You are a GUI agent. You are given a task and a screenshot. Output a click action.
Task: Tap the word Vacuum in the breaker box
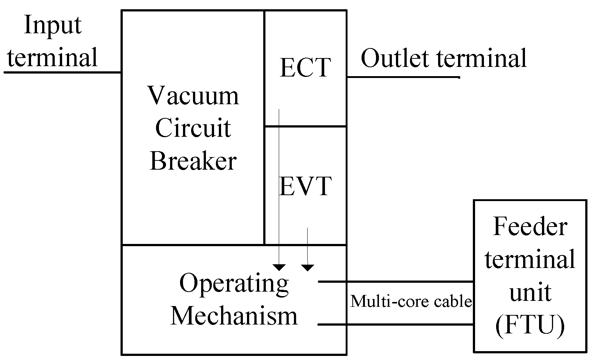[x=193, y=95]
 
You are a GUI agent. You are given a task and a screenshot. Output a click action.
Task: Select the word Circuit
[x=193, y=128]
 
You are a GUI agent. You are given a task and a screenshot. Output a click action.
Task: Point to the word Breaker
[x=193, y=161]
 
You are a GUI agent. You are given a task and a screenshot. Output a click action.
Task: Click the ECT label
[x=305, y=68]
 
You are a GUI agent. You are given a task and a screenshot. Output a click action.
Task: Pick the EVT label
[x=305, y=186]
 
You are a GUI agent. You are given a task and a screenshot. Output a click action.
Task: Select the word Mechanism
[x=234, y=316]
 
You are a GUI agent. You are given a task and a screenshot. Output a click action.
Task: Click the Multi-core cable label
[x=411, y=302]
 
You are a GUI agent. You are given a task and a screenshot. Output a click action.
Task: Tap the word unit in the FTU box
[x=530, y=293]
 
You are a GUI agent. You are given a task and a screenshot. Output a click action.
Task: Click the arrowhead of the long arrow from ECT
[x=279, y=267]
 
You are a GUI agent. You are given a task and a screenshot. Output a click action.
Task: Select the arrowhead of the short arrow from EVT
[x=308, y=267]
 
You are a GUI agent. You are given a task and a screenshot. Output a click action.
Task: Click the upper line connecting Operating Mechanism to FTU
[x=396, y=282]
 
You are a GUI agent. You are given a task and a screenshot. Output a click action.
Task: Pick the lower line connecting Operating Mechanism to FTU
[x=396, y=325]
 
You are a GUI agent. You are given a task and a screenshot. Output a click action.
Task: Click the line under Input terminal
[x=62, y=72]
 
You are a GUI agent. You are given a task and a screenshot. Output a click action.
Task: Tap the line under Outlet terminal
[x=403, y=77]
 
